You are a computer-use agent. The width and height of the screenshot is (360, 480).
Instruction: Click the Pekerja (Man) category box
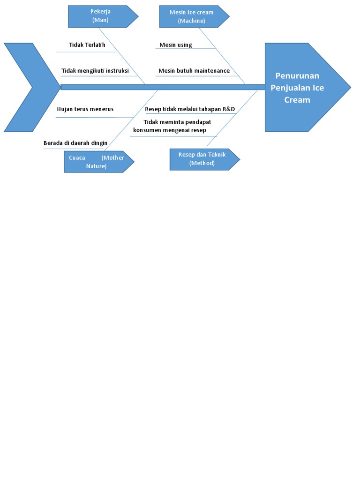(x=100, y=16)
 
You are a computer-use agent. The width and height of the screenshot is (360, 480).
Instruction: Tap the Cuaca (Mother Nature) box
(x=97, y=162)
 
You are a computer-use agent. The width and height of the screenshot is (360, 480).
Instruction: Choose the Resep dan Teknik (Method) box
(x=202, y=159)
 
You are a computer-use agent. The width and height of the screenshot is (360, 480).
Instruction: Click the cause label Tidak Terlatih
(x=87, y=45)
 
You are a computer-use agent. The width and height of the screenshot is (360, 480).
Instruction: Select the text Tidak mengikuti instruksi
(x=95, y=71)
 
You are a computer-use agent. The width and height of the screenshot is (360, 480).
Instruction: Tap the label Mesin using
(x=176, y=45)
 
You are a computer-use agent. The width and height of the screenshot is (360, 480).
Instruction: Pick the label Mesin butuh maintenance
(x=194, y=71)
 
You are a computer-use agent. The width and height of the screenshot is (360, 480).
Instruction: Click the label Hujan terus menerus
(x=85, y=109)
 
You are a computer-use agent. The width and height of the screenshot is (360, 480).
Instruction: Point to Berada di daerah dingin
(x=75, y=143)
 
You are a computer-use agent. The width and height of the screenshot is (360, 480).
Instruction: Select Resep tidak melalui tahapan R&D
(x=190, y=109)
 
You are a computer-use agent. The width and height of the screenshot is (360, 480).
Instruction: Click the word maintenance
(x=212, y=71)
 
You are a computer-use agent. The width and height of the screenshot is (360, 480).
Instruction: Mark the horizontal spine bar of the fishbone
(x=162, y=87)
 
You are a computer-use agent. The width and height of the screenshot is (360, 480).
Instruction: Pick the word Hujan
(x=65, y=109)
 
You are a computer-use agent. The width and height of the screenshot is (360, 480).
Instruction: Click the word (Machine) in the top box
(x=191, y=21)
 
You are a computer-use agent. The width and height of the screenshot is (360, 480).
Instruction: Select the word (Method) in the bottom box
(x=202, y=163)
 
